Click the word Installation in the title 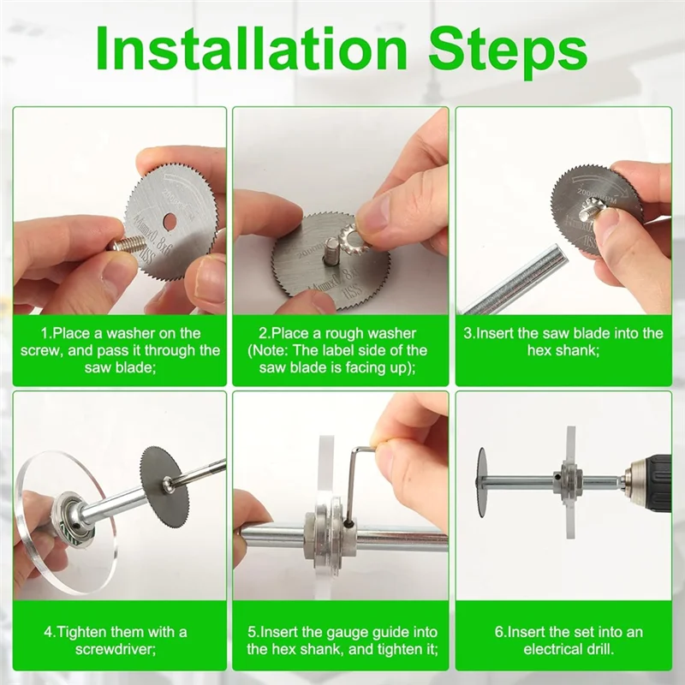(x=252, y=48)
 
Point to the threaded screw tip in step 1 (x=127, y=242)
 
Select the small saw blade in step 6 (x=481, y=479)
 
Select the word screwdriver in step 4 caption (x=116, y=649)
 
